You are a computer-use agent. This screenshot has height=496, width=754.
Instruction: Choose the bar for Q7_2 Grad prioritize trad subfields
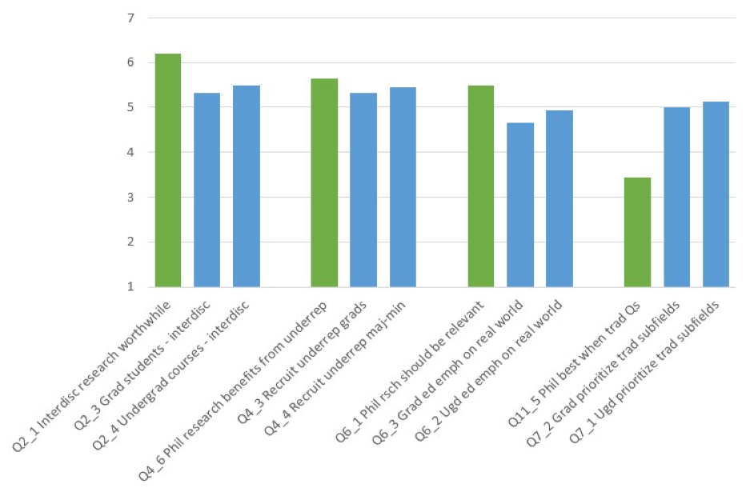click(x=676, y=197)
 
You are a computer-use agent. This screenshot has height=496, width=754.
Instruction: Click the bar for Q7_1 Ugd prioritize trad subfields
click(x=716, y=194)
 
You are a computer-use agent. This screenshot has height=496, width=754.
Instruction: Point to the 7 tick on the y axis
click(x=130, y=18)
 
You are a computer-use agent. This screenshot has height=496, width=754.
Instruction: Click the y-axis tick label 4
click(x=130, y=152)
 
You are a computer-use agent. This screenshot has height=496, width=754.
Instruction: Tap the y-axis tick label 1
click(x=130, y=286)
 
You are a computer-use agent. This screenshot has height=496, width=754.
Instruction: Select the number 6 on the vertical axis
click(x=130, y=62)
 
